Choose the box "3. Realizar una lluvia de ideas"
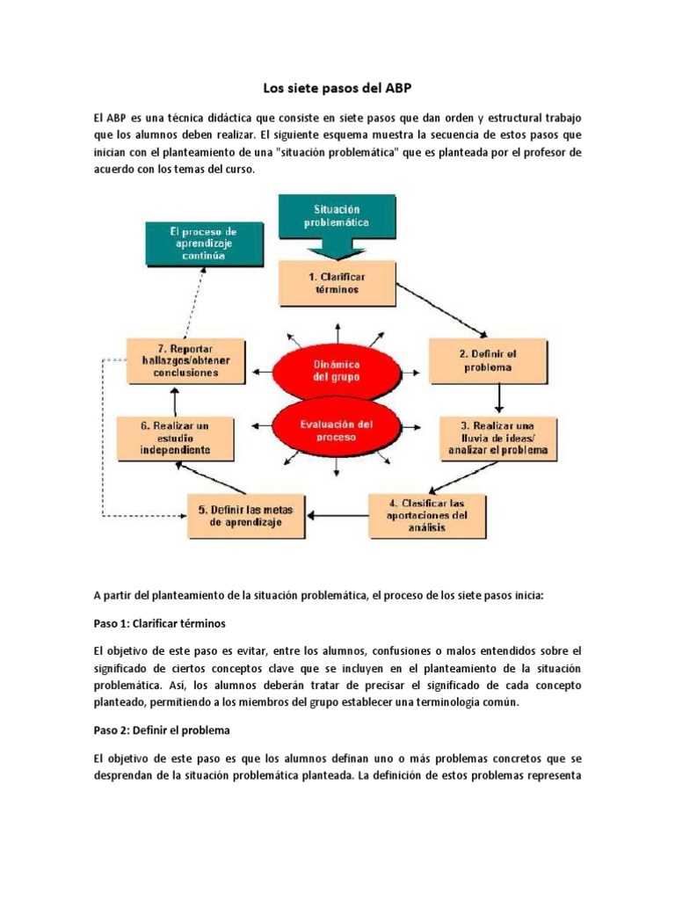(x=498, y=437)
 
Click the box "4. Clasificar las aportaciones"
(x=426, y=515)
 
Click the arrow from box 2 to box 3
(x=498, y=398)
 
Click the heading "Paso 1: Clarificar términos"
(x=159, y=623)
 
